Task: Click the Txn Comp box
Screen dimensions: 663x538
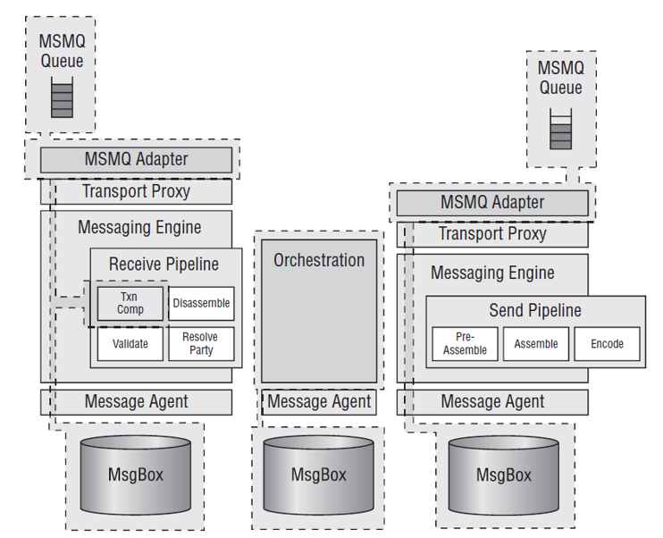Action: tap(130, 303)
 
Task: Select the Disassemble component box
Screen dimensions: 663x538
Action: tap(201, 303)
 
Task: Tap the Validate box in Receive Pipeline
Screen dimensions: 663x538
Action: tap(130, 344)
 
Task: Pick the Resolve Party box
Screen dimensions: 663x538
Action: tap(201, 344)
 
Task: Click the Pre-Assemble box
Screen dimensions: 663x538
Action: tap(466, 344)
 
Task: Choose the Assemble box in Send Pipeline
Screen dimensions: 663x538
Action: tap(536, 344)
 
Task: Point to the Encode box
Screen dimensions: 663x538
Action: tap(608, 344)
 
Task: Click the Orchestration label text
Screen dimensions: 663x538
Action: tap(319, 260)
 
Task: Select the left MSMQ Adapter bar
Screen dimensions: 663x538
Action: tap(136, 159)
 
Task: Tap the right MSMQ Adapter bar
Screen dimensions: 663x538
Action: tap(492, 203)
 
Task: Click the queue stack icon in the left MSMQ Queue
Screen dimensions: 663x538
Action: tap(63, 97)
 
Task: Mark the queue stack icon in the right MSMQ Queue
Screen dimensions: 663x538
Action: tap(560, 129)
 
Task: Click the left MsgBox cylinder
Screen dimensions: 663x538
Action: tap(136, 475)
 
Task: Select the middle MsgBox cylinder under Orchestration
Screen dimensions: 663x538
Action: tap(318, 475)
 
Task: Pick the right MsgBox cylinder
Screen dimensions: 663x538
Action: tap(504, 475)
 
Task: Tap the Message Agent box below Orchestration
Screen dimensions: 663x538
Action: tap(319, 402)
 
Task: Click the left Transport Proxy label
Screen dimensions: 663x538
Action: tap(136, 191)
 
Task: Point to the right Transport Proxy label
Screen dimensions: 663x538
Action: tap(492, 234)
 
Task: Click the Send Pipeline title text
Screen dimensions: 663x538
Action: tap(535, 310)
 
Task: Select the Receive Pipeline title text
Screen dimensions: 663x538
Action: tap(164, 265)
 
